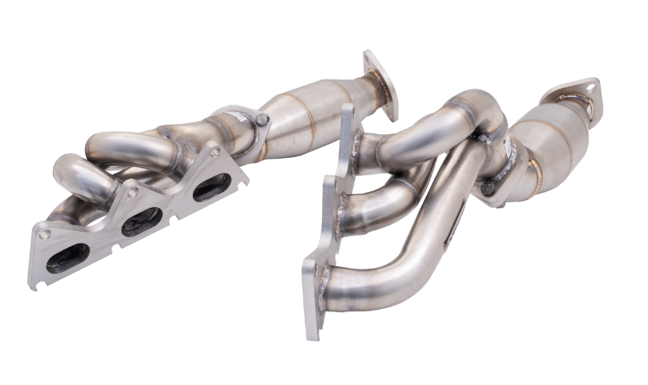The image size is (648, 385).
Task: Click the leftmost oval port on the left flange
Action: (x=67, y=258)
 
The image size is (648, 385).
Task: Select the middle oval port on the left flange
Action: (x=141, y=222)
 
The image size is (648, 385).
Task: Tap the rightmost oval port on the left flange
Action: (x=212, y=187)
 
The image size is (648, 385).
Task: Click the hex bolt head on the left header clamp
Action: (x=262, y=120)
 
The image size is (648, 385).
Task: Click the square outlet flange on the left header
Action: (x=381, y=84)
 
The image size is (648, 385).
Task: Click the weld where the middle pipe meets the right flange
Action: (x=344, y=215)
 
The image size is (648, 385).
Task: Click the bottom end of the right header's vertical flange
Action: (x=313, y=330)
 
